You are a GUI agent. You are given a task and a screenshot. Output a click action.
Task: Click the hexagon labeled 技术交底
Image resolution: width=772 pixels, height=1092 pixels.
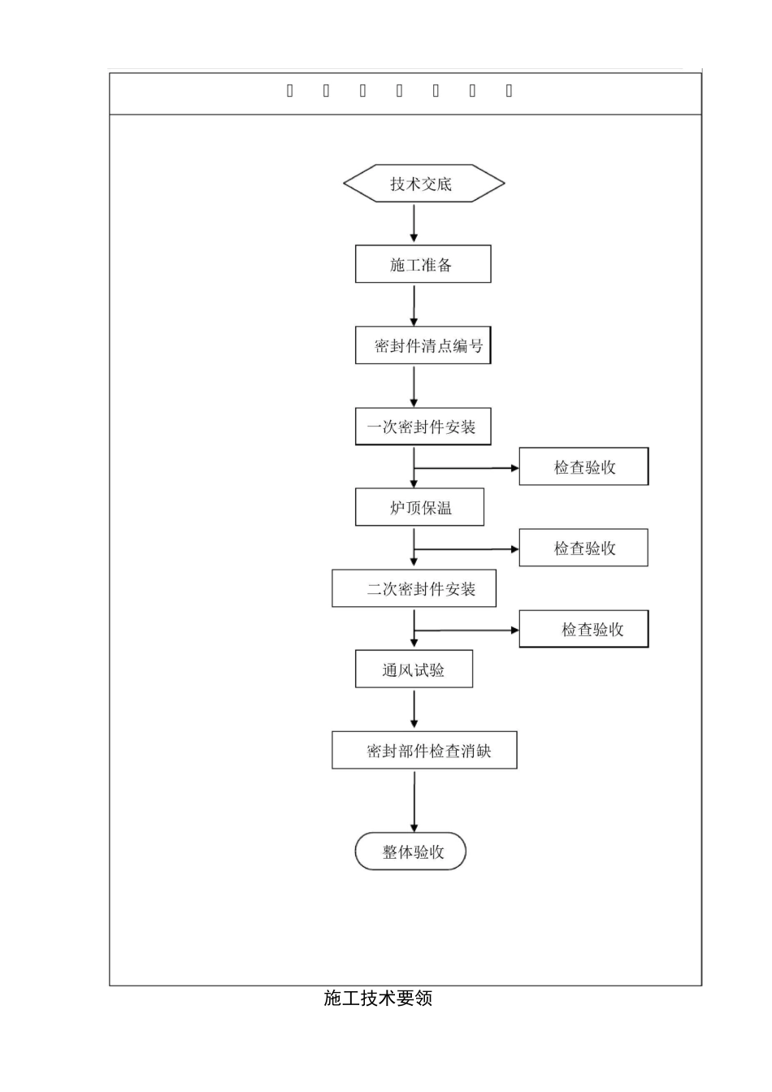pos(423,184)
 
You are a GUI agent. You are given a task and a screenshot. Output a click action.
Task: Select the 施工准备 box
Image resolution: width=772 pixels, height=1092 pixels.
pos(423,264)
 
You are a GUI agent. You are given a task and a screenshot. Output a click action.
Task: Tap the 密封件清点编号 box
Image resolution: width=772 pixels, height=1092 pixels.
pos(423,345)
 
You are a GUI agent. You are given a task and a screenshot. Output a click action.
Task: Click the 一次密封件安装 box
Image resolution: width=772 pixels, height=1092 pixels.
pos(423,427)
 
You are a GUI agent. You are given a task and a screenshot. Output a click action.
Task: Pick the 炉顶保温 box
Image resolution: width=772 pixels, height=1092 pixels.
pos(419,508)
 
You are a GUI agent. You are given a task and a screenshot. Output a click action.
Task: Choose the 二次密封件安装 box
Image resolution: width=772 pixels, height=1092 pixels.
pos(414,589)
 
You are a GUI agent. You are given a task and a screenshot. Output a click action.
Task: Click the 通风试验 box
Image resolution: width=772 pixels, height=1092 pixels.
pos(414,670)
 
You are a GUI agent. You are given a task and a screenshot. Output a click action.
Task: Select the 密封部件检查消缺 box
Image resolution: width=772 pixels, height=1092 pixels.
pos(424,751)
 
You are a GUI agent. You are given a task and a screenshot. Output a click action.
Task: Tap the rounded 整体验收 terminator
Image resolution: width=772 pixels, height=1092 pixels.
pos(410,851)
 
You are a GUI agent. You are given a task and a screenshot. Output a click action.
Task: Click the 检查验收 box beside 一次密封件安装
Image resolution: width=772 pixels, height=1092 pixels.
pos(583,467)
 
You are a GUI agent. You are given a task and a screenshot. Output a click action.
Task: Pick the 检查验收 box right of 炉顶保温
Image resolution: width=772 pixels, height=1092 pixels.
pos(583,548)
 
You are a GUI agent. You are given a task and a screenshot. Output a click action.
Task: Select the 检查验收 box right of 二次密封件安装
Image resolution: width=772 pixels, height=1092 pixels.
pos(583,630)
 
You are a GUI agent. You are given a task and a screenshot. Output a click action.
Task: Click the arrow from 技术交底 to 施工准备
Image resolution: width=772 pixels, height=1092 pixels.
pos(414,223)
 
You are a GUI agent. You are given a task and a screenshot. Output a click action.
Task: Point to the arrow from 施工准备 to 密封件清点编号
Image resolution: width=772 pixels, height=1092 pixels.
pos(414,305)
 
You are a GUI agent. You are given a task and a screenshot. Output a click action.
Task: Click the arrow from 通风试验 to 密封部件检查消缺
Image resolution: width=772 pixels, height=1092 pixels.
pos(414,708)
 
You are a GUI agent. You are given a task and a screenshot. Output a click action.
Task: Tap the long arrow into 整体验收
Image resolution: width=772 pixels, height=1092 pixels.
pos(414,801)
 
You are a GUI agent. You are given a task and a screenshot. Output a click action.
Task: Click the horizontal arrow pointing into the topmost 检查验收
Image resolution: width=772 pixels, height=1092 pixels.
pos(467,468)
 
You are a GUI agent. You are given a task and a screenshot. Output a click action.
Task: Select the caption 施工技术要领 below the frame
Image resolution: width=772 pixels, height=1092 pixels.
pos(378,999)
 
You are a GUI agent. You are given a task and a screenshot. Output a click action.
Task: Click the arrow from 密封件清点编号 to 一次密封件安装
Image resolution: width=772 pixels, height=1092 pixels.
pos(414,386)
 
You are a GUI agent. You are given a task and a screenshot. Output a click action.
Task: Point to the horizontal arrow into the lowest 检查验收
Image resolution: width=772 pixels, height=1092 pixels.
pos(467,630)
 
